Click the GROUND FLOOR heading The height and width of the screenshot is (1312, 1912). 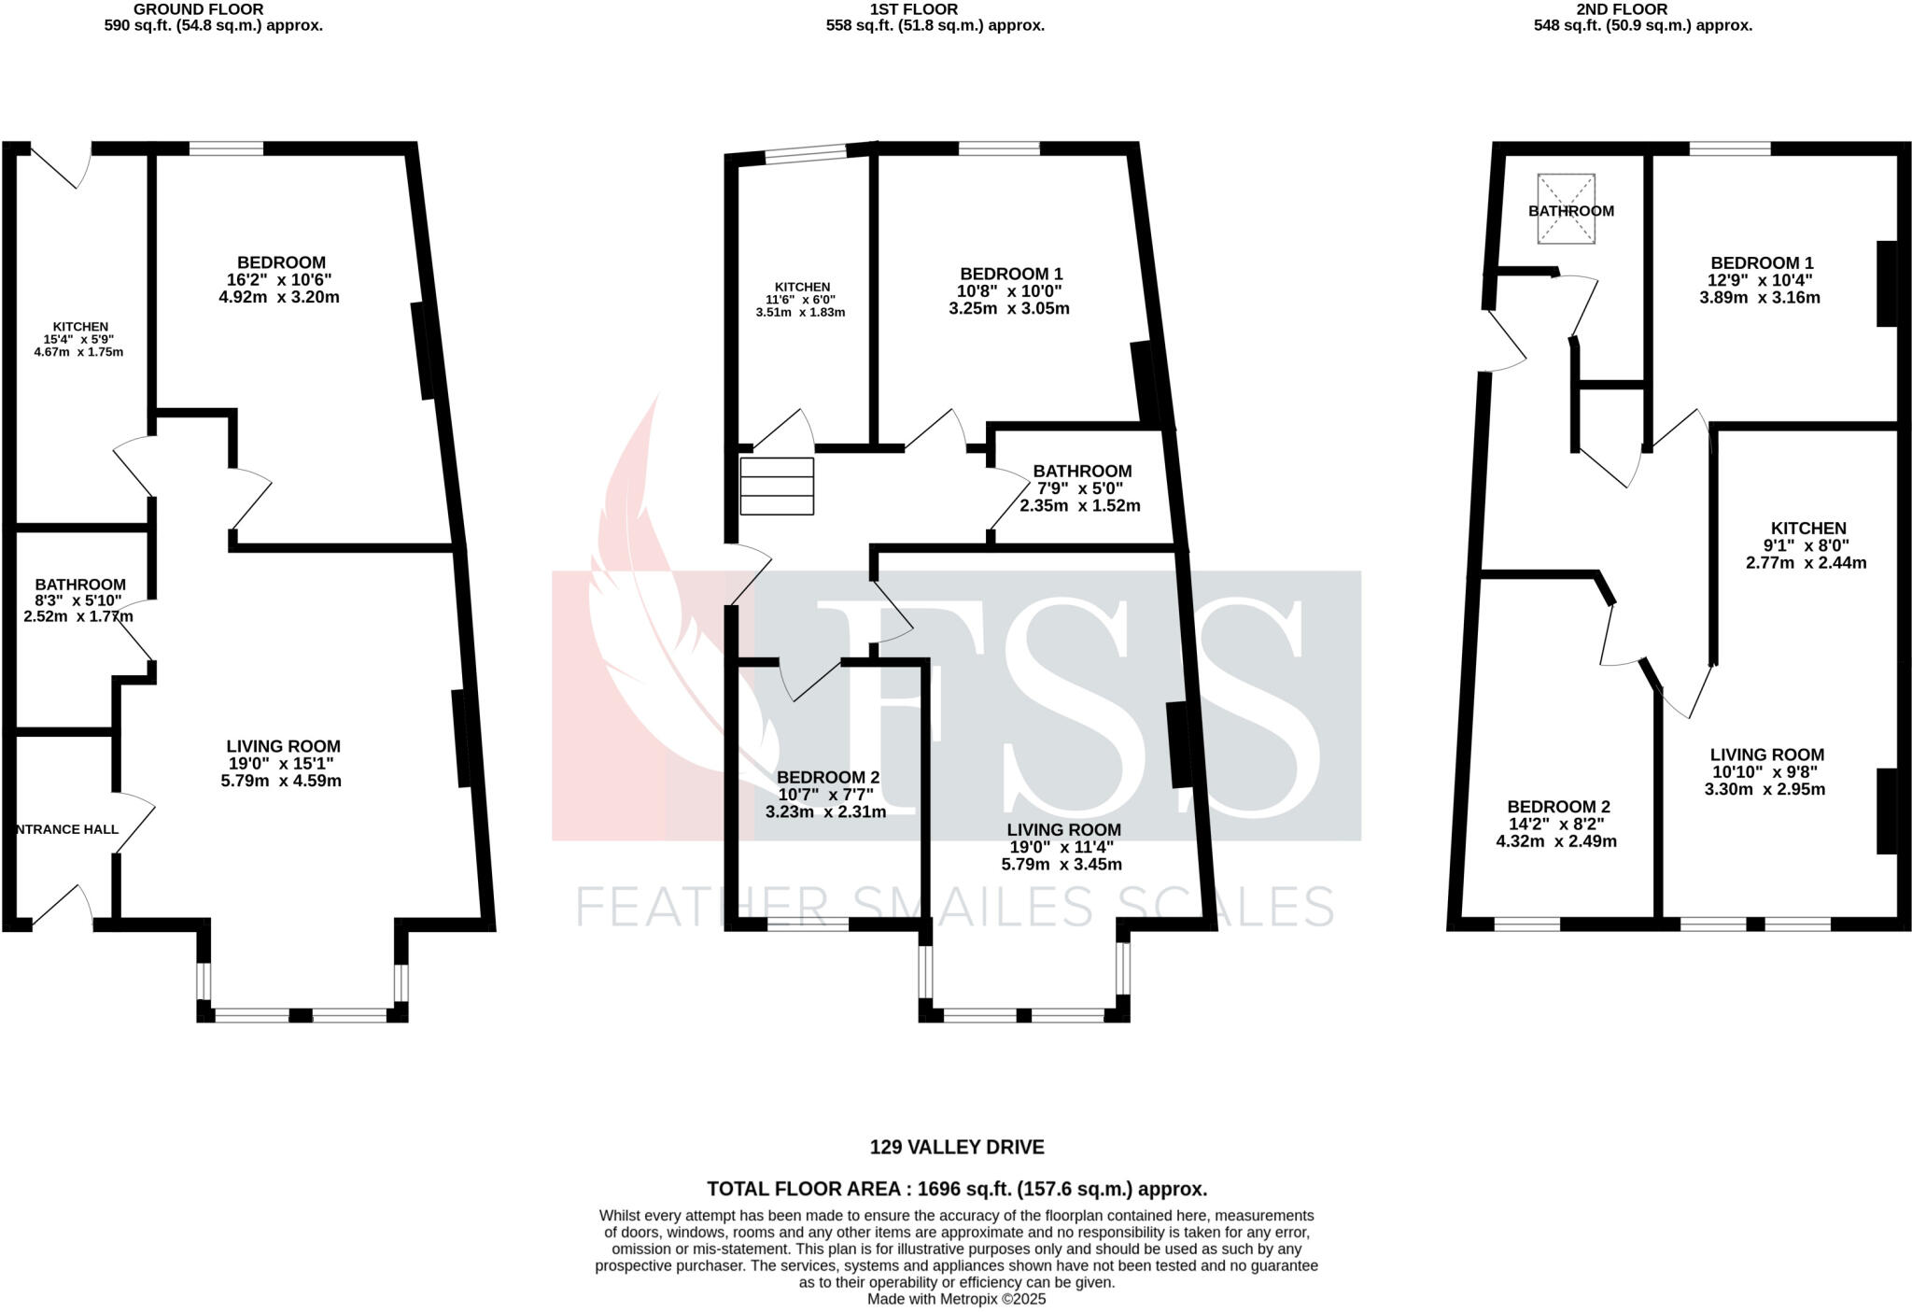(x=198, y=9)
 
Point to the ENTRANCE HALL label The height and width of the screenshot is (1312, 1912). (x=67, y=829)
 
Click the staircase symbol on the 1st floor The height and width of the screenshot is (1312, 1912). (x=777, y=486)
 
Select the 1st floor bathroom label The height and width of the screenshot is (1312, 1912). (x=1082, y=472)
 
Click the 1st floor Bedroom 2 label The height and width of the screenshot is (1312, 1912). (x=828, y=777)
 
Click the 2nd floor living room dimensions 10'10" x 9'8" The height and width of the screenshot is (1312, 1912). (x=1766, y=772)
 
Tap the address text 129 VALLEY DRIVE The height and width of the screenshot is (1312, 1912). (x=957, y=1147)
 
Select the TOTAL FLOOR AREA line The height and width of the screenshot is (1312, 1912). (x=957, y=1189)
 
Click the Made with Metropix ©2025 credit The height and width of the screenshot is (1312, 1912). (x=957, y=1299)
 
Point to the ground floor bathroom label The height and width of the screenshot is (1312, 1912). (x=80, y=585)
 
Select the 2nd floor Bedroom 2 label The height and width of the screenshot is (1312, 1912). (x=1558, y=807)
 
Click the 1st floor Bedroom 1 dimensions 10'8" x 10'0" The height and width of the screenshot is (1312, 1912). (x=1011, y=291)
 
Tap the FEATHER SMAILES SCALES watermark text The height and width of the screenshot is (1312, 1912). (x=954, y=906)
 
